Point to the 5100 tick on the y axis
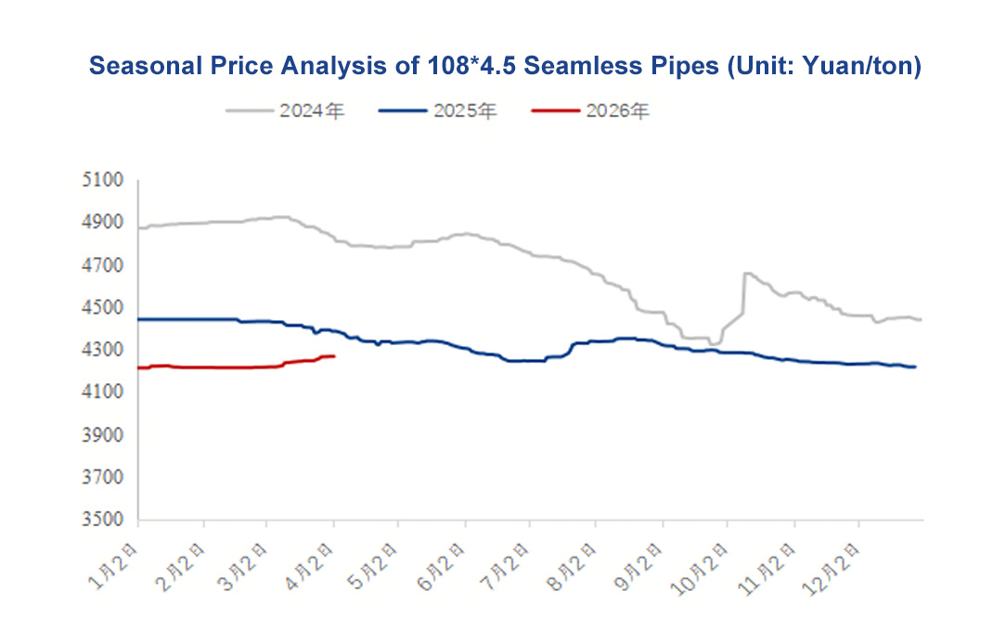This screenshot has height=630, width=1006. (104, 180)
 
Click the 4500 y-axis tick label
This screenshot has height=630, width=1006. (104, 308)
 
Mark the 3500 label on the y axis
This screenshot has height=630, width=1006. (104, 521)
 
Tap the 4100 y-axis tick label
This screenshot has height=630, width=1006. (104, 393)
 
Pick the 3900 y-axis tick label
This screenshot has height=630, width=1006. (104, 436)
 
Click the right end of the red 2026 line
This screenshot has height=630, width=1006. (334, 356)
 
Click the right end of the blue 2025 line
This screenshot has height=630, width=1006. (916, 367)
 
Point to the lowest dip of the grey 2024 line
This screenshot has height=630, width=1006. (714, 344)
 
